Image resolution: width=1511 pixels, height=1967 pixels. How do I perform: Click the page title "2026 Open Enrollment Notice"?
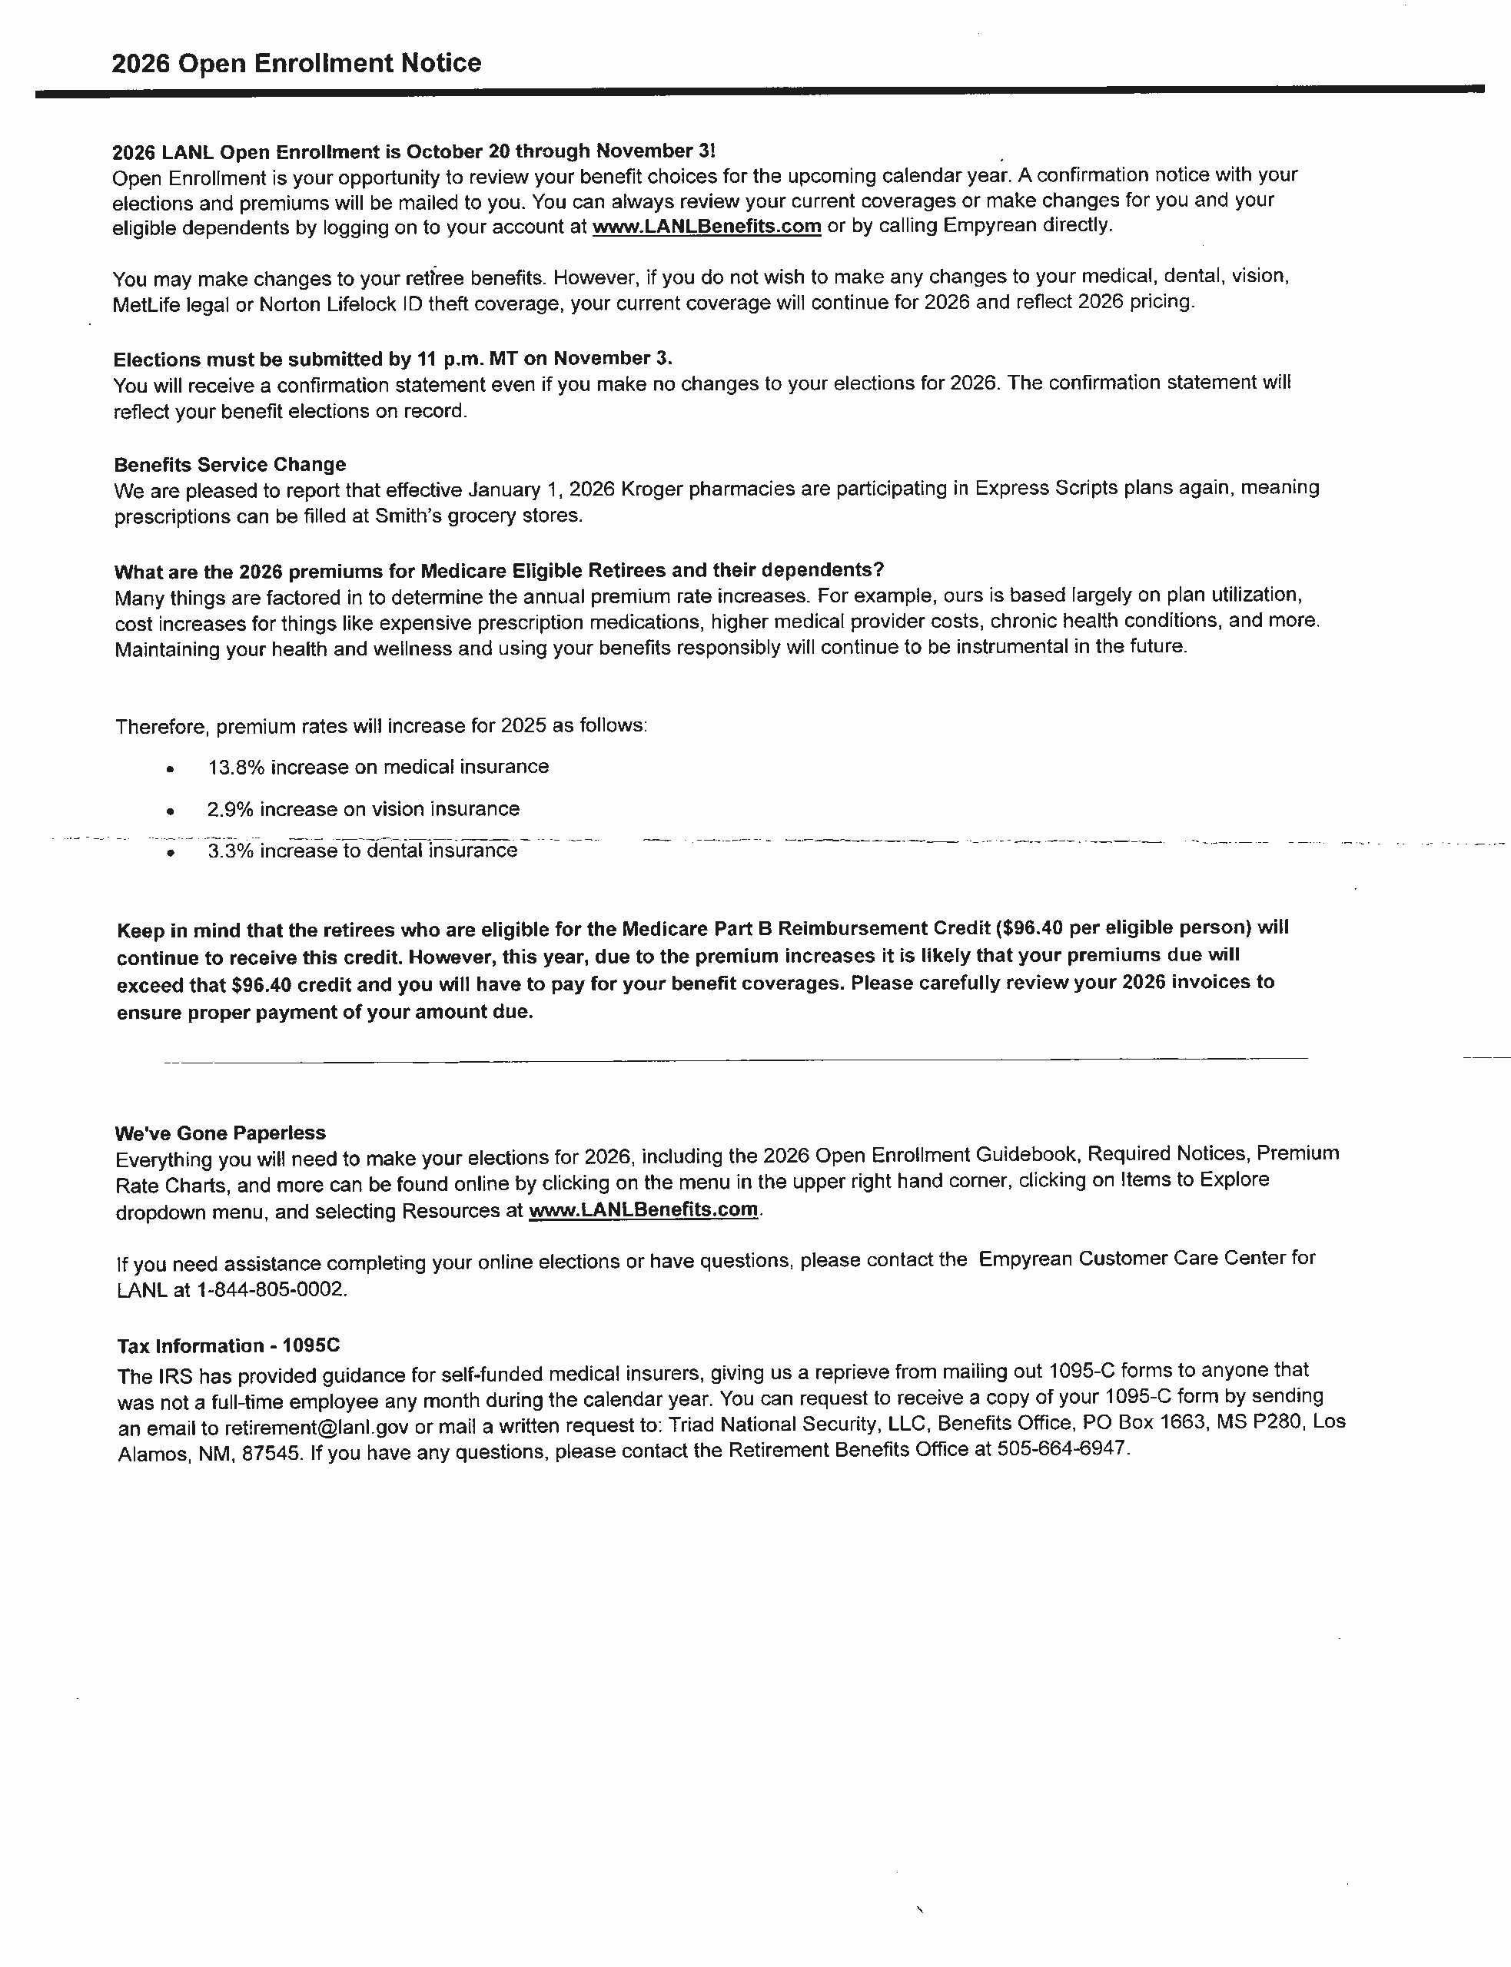[x=296, y=63]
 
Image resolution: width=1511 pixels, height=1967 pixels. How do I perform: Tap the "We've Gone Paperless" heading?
[x=220, y=1133]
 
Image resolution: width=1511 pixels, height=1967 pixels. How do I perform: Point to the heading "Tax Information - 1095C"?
[x=228, y=1346]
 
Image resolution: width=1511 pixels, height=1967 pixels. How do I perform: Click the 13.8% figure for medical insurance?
[x=236, y=768]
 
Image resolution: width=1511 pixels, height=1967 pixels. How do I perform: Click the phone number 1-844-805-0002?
[x=270, y=1289]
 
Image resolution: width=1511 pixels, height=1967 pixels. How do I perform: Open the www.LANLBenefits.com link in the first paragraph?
[x=706, y=227]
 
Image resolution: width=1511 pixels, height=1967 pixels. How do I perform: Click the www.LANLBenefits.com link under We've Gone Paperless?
[x=643, y=1210]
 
